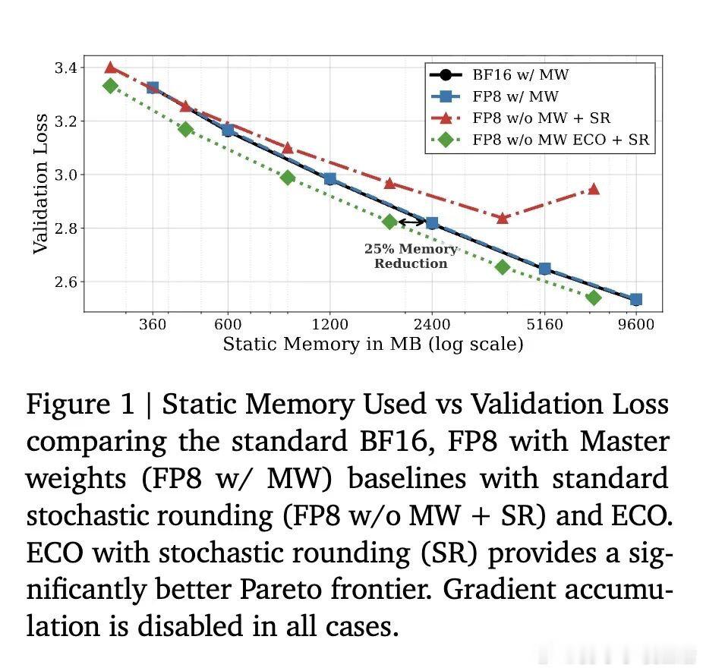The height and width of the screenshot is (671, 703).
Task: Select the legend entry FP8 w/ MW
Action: click(515, 96)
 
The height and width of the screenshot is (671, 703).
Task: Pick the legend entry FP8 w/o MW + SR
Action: click(541, 118)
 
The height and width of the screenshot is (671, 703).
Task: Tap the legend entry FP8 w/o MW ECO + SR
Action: click(560, 140)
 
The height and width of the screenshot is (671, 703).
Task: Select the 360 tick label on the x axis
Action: click(153, 325)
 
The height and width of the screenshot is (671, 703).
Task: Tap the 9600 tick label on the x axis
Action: click(635, 325)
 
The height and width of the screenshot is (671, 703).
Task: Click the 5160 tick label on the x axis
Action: click(544, 325)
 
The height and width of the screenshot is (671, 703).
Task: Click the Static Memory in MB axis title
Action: click(373, 345)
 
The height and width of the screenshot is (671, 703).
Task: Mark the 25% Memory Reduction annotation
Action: click(411, 257)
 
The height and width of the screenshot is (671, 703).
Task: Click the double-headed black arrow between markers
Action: click(411, 222)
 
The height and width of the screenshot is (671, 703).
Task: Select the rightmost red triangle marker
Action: click(594, 189)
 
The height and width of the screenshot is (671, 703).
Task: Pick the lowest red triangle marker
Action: click(502, 218)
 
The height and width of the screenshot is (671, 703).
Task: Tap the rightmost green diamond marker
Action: click(594, 298)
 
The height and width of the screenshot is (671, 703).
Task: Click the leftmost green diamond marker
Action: click(110, 86)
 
